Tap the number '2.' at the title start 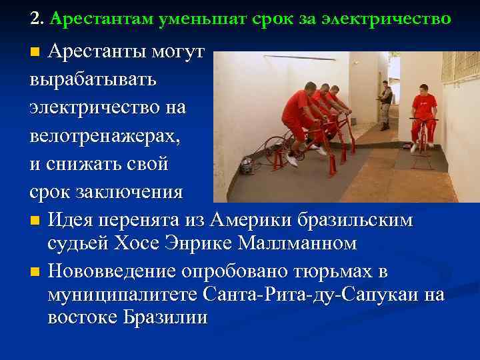37,19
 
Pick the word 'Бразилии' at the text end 166,317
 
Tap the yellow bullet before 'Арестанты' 36,52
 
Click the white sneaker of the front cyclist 292,160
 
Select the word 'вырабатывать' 93,79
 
